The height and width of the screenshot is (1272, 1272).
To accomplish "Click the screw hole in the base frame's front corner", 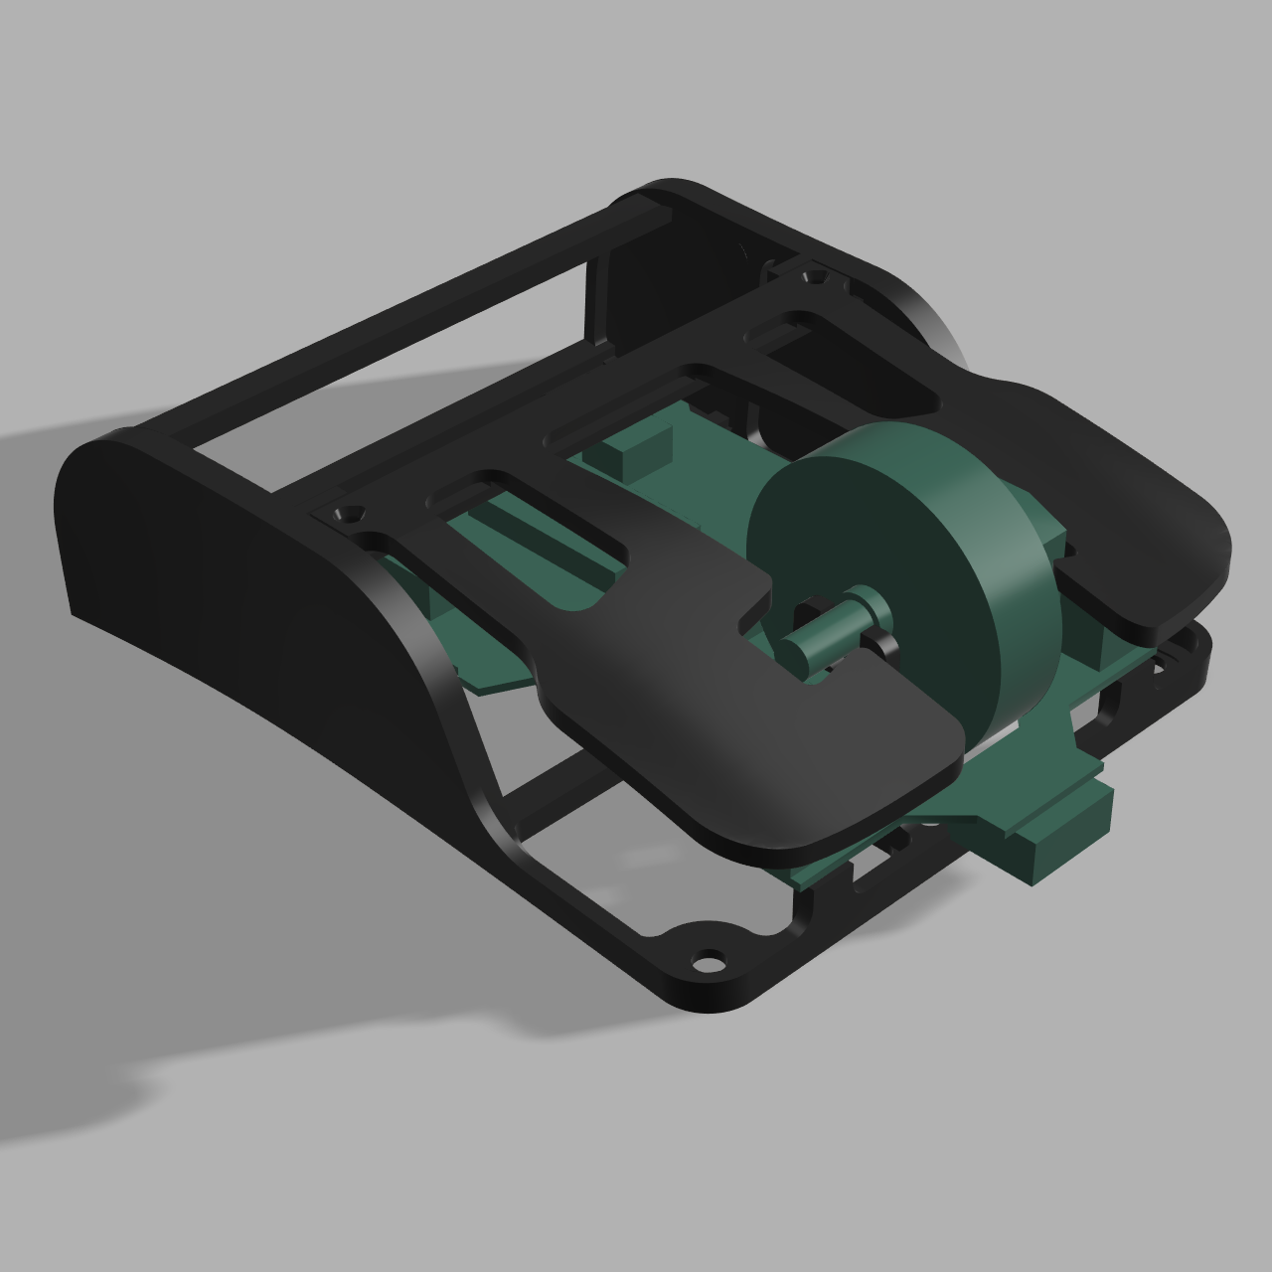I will coord(708,962).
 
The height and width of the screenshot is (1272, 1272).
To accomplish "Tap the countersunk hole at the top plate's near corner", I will coord(349,516).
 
